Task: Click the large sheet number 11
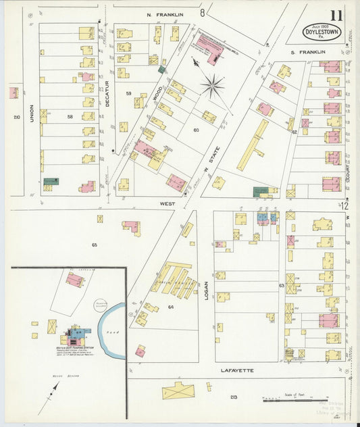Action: pos(336,15)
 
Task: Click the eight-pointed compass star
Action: pos(212,85)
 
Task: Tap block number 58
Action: pos(70,117)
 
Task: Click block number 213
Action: pos(234,397)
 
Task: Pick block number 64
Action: pos(171,307)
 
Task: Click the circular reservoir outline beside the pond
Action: pos(101,307)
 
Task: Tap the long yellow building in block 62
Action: pos(252,145)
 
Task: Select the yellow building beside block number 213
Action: pos(178,390)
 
